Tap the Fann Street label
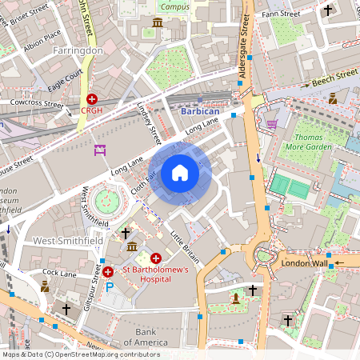285,14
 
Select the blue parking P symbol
110,286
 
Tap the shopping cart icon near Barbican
271,124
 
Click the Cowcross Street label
35,103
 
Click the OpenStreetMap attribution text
81,354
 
